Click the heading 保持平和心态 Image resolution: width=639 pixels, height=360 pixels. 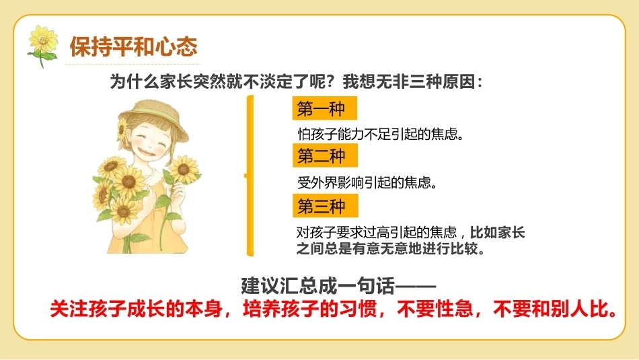click(x=134, y=46)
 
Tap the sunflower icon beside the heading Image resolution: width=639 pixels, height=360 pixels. click(x=43, y=46)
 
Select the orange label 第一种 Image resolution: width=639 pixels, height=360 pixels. click(x=325, y=108)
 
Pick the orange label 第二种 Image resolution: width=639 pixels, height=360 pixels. click(x=325, y=155)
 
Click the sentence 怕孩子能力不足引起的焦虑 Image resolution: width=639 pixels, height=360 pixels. click(x=381, y=134)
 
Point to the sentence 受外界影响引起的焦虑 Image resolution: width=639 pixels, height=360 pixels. click(x=367, y=182)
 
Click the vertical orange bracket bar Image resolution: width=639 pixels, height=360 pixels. click(x=250, y=176)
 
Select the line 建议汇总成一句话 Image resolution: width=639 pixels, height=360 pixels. click(x=338, y=286)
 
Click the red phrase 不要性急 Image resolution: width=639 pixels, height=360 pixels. click(x=435, y=309)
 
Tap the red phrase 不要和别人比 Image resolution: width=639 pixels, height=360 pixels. click(x=555, y=309)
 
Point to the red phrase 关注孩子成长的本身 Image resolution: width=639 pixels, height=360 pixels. click(x=136, y=309)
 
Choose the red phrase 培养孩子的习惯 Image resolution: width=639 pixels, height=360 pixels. click(x=309, y=309)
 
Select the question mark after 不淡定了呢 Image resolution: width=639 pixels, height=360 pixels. click(x=332, y=81)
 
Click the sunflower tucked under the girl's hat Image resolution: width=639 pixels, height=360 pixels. click(x=122, y=129)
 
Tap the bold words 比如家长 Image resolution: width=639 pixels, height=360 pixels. click(x=497, y=232)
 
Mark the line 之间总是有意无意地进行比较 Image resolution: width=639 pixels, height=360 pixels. click(x=390, y=248)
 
